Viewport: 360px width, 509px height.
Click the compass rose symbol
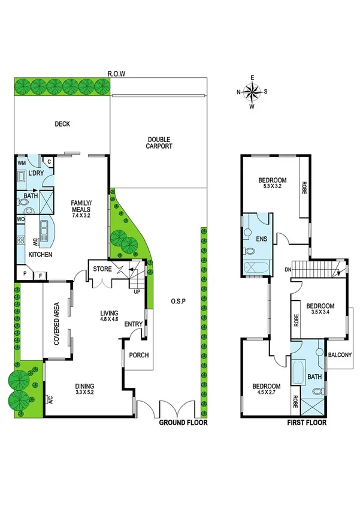tap(252, 92)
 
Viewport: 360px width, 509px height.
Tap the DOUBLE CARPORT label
tap(160, 142)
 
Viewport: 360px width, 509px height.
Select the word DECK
tap(62, 125)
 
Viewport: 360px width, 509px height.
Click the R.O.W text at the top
tap(116, 74)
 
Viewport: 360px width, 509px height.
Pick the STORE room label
tap(102, 269)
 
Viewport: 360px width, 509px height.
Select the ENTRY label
tap(133, 324)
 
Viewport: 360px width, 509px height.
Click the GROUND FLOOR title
tap(183, 423)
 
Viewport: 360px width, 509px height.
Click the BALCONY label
tap(340, 355)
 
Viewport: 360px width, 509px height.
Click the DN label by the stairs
tap(288, 269)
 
